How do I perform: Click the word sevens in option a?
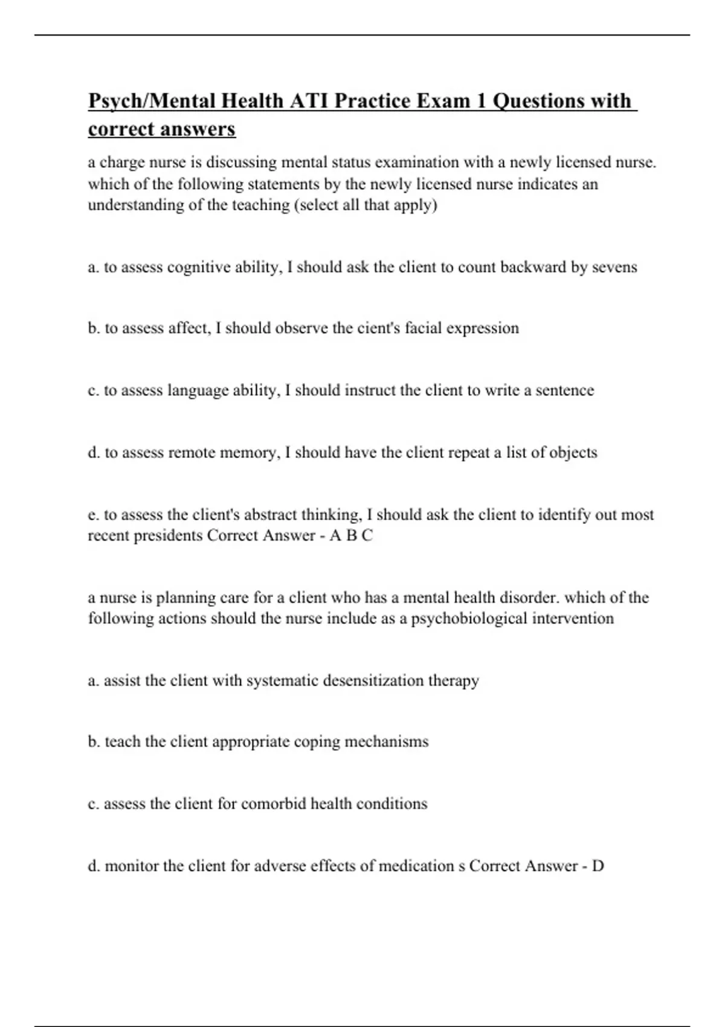click(x=614, y=267)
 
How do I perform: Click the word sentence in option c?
click(x=564, y=390)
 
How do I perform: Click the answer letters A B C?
click(x=351, y=536)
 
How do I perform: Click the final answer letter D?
click(x=598, y=866)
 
